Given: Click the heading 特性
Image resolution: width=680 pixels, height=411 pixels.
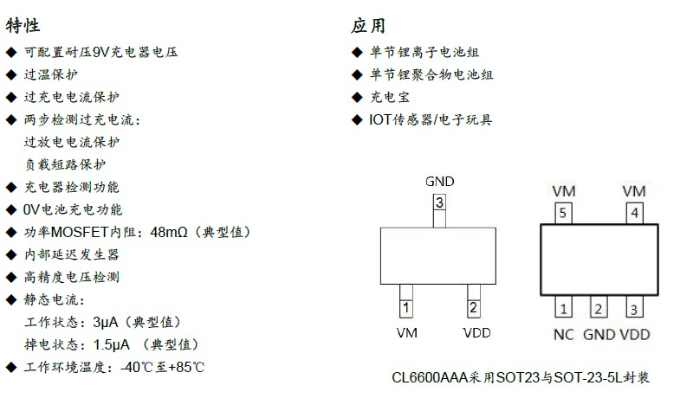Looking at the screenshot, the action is tap(23, 25).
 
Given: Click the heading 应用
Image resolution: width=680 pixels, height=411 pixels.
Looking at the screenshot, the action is tap(368, 25).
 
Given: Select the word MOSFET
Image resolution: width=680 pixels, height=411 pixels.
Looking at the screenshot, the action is tap(79, 232).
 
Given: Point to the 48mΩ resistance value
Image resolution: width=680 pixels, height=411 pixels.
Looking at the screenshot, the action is tap(169, 232).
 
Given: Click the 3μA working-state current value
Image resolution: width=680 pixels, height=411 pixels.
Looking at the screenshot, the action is tap(106, 322).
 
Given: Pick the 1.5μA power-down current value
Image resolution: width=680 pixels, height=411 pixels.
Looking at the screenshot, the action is tap(111, 344).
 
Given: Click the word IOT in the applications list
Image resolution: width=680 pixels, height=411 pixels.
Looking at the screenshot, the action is tap(380, 120).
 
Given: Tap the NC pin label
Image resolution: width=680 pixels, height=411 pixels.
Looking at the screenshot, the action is tap(563, 334).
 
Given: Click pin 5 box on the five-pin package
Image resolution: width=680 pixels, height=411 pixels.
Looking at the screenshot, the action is tap(563, 213).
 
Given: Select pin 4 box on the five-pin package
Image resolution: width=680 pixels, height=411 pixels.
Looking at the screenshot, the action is tap(634, 213).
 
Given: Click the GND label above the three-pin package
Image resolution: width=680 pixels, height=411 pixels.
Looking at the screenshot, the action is tap(440, 182).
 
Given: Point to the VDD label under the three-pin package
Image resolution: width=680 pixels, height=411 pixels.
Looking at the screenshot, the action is tap(476, 332).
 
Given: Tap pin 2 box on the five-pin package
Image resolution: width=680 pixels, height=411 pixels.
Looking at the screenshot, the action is tap(599, 307).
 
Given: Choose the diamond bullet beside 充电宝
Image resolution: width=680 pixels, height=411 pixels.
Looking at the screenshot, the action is tap(357, 98).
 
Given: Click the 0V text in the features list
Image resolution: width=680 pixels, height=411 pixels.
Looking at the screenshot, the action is tap(31, 210).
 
